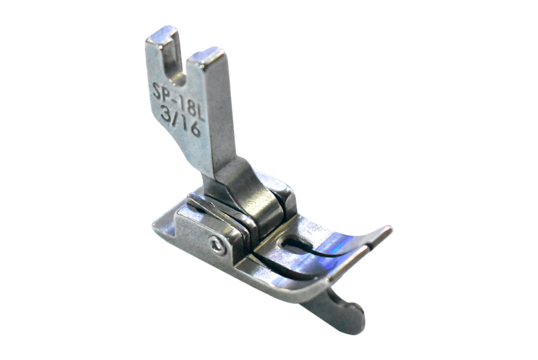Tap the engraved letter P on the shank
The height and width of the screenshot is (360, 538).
point(167,95)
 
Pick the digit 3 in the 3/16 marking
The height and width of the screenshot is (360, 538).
point(167,115)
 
